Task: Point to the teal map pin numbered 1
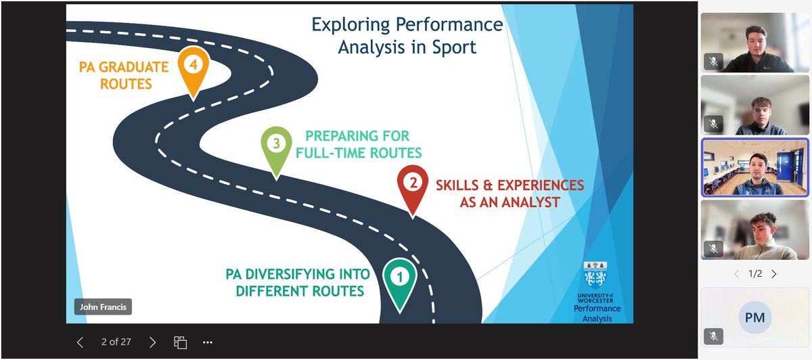(399, 278)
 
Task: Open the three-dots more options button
(208, 342)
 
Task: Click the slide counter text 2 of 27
(116, 342)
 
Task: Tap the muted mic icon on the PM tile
(713, 336)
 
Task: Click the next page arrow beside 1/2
(774, 274)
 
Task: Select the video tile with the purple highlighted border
(754, 167)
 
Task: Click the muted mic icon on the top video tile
(713, 62)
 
